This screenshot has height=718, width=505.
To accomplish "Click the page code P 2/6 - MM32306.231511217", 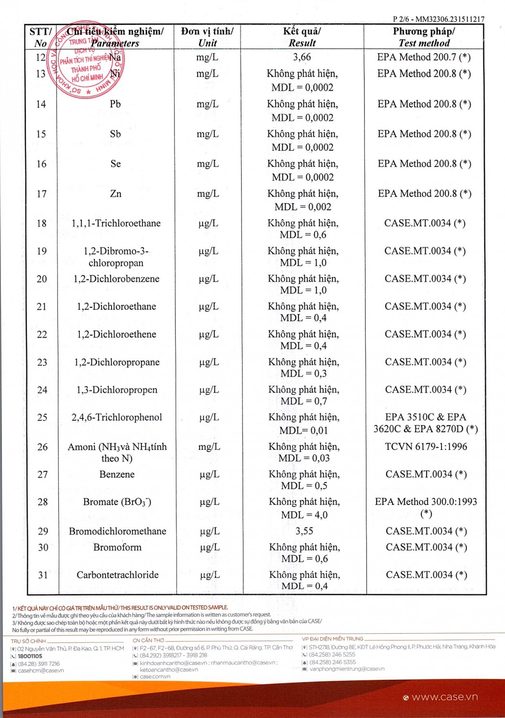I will pos(438,19).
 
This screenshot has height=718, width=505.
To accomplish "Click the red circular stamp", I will pos(87,60).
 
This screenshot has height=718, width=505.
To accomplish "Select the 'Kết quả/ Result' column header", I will pos(302,37).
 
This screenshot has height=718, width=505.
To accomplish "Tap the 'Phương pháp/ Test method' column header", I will pos(424,37).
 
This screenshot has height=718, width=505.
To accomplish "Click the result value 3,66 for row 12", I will pos(302,57).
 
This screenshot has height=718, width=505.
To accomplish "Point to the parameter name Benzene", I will pos(117,474).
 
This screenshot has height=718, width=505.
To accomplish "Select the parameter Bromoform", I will pos(117,547).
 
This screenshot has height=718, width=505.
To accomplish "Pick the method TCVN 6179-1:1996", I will pos(426,447).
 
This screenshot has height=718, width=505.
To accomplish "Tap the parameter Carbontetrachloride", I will pos(118,575).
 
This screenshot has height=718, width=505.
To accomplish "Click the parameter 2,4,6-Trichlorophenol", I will pos(117,417).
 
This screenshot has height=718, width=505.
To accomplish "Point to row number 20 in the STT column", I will pos(42,279).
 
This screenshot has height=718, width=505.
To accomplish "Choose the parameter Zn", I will pos(116,194).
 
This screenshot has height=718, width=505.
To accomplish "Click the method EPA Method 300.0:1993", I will pos(426,502).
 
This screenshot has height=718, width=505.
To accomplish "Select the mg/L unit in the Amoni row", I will pos(209,447).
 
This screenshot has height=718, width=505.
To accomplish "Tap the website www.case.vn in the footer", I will pos(444,697).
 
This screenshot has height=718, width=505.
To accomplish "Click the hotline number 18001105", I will pos(30,656).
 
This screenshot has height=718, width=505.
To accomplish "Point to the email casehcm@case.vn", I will pos(41,671).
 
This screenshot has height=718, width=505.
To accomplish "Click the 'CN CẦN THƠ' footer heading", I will pos(148,640).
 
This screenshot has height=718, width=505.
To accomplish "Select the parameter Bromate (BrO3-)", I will pos(117,502).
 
